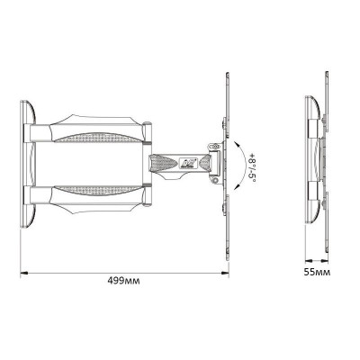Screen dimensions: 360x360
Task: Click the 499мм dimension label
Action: click(123, 281)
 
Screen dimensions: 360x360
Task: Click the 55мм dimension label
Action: click(318, 273)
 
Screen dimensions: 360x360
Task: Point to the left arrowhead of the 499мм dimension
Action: click(24, 273)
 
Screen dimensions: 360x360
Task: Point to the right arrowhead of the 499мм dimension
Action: click(225, 273)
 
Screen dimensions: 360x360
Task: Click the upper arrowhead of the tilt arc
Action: click(237, 145)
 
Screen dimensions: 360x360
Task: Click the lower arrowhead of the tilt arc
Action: click(237, 186)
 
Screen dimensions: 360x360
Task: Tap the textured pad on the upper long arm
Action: click(98, 137)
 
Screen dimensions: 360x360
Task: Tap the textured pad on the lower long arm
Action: click(98, 190)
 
